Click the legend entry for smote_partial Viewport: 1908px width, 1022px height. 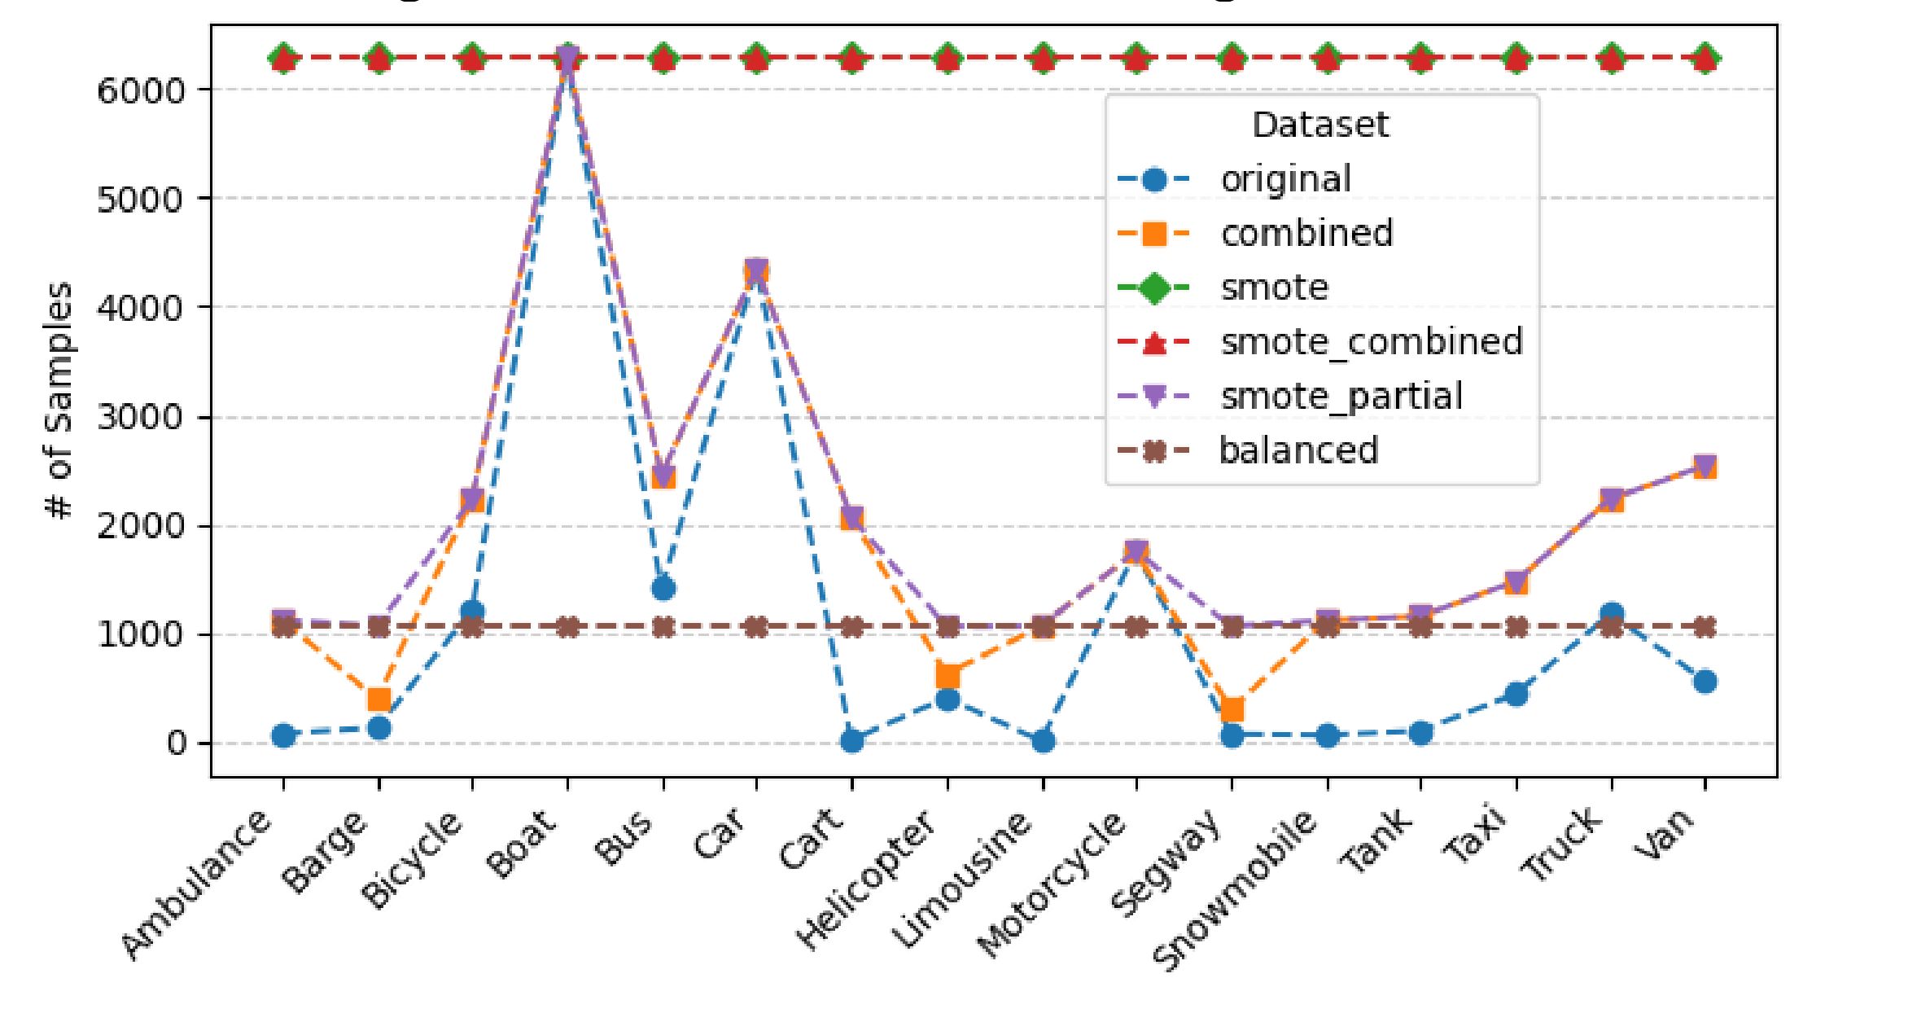1341,397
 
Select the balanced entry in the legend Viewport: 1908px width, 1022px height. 1298,450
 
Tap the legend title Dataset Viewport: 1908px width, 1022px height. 1320,125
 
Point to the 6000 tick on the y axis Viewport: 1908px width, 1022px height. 142,90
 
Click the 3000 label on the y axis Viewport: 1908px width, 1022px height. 142,418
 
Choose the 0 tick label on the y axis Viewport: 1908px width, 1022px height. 177,743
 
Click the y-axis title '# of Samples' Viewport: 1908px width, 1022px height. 59,401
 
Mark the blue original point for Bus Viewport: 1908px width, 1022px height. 663,588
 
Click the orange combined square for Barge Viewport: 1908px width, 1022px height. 379,700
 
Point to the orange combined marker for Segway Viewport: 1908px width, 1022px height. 1232,709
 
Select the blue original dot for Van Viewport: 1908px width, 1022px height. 1705,682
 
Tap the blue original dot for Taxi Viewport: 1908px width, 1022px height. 1516,694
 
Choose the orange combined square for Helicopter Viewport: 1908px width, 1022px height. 947,676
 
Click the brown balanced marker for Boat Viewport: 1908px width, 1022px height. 568,627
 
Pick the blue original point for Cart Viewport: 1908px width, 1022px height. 852,740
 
